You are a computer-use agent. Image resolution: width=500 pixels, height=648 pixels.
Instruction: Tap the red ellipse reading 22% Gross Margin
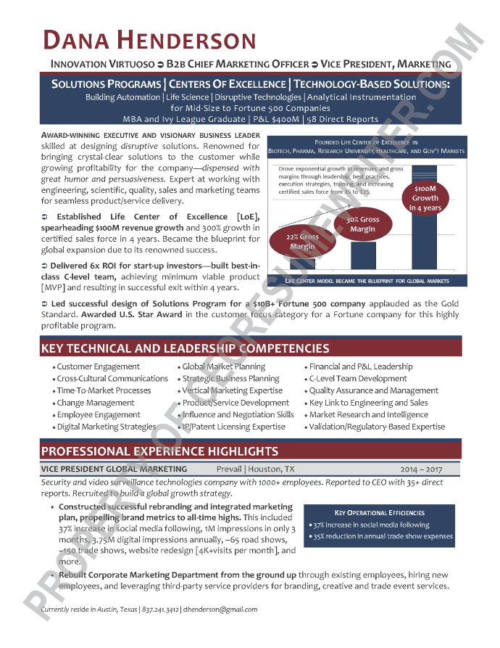click(303, 242)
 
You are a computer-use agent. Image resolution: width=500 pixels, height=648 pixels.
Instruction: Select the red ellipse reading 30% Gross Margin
click(362, 224)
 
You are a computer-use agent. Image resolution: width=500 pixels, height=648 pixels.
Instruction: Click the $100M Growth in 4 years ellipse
click(425, 198)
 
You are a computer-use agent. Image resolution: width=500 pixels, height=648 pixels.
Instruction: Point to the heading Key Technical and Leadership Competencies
click(186, 349)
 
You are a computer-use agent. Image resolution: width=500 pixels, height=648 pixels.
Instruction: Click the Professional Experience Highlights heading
click(159, 451)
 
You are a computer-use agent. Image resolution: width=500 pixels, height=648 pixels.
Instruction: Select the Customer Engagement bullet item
click(99, 366)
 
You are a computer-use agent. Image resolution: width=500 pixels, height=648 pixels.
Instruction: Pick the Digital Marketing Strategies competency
click(107, 427)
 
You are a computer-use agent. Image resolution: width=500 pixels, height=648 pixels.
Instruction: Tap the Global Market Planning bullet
click(224, 366)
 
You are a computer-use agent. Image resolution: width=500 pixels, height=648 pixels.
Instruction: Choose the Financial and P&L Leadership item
click(361, 366)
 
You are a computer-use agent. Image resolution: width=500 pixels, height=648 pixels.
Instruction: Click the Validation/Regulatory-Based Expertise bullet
click(377, 427)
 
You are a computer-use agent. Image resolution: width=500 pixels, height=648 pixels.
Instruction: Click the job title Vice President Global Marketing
click(114, 469)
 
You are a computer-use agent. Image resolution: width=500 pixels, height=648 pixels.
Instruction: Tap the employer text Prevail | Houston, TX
click(256, 469)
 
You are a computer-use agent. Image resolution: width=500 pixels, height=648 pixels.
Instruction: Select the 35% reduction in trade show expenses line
click(383, 536)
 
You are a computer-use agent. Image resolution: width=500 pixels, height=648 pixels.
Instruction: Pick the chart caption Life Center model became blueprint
click(367, 281)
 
